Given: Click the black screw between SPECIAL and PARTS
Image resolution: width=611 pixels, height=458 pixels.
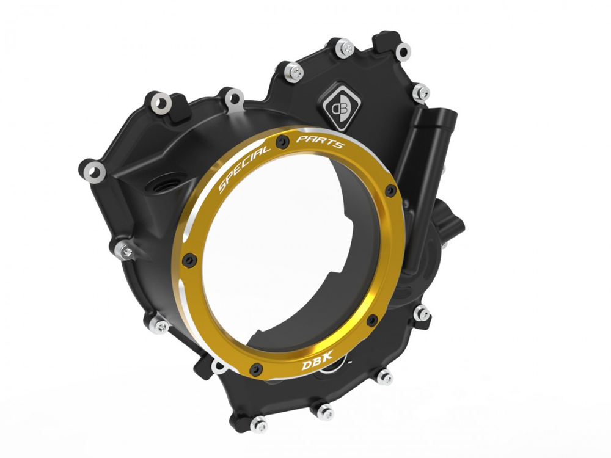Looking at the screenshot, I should point(280,141).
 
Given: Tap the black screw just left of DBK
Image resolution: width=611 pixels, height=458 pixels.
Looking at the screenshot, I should point(257,368).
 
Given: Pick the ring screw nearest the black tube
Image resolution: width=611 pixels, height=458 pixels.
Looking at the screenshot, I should point(389,192).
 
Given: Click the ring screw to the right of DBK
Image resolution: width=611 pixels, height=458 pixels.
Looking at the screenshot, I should point(370,321).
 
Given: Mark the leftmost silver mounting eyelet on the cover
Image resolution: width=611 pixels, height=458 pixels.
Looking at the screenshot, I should point(92,172).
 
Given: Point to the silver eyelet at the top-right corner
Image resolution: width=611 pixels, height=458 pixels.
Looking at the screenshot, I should point(403,52).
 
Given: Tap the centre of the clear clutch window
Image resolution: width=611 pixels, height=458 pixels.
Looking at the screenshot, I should point(287,256).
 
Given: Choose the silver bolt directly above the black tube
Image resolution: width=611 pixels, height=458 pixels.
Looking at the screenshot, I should point(421,93).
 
